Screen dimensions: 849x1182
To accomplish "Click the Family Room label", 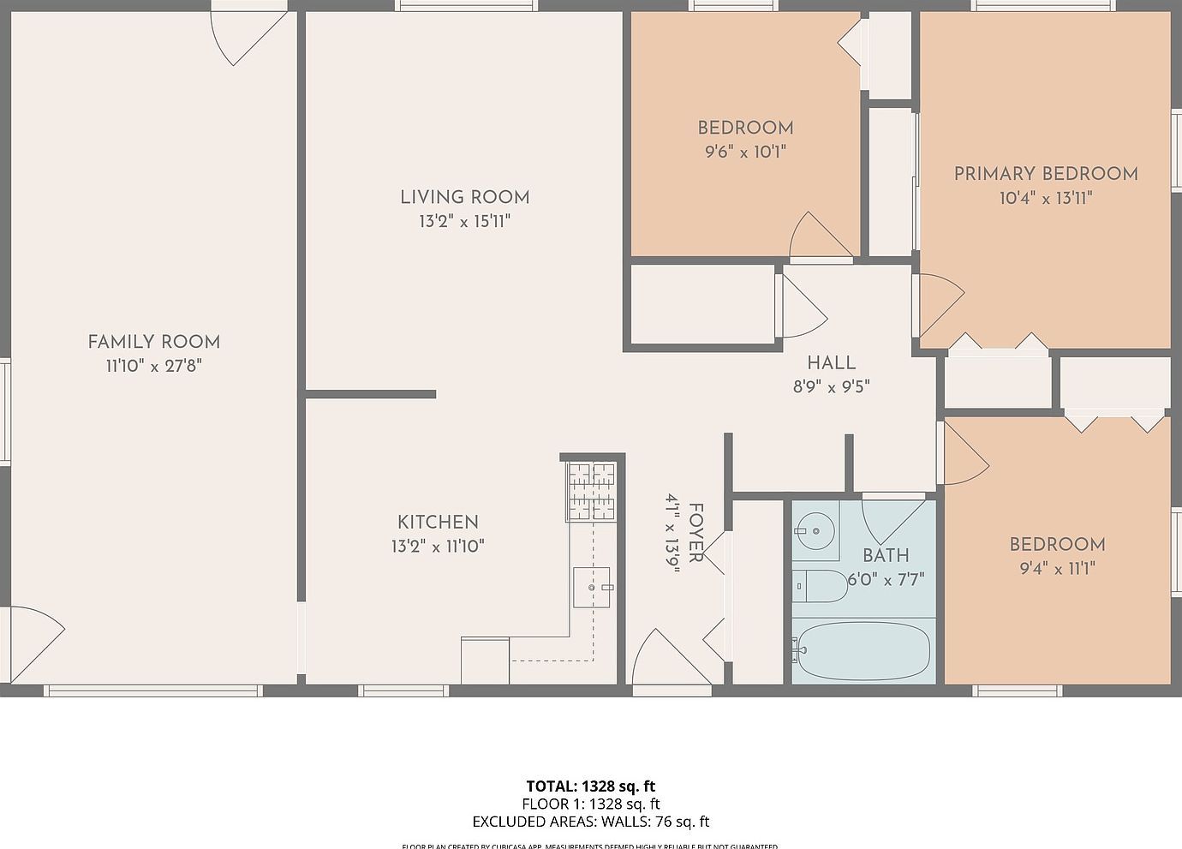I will pyautogui.click(x=153, y=342).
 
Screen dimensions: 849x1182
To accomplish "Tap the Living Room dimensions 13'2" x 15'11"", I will pyautogui.click(x=464, y=221).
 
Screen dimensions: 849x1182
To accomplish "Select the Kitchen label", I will pyautogui.click(x=438, y=522).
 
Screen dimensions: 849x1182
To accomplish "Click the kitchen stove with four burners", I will pyautogui.click(x=591, y=491).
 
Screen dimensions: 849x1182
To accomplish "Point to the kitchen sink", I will pyautogui.click(x=592, y=588).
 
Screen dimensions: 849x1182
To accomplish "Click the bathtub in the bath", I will pyautogui.click(x=861, y=651).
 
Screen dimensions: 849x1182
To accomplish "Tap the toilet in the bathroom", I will pyautogui.click(x=818, y=586).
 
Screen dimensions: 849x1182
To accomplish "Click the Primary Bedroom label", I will pyautogui.click(x=1046, y=174).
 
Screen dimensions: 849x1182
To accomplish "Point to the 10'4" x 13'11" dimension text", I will pyautogui.click(x=1046, y=198).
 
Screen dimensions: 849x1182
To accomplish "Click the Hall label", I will pyautogui.click(x=831, y=362).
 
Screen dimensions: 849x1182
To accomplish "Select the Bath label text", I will pyautogui.click(x=886, y=555).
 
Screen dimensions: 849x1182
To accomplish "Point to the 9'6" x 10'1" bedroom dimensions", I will pyautogui.click(x=745, y=152).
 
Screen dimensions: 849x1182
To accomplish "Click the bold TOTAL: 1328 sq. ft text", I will pyautogui.click(x=591, y=786).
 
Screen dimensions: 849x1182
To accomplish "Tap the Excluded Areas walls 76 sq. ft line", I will pyautogui.click(x=591, y=822).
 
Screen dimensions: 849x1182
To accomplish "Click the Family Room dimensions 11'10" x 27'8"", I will pyautogui.click(x=153, y=366).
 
